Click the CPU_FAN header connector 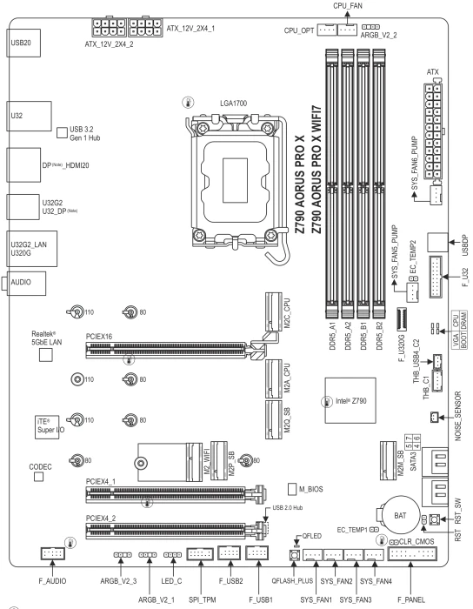[347, 30]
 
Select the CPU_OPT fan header [327, 30]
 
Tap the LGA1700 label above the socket [233, 104]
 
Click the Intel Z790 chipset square [350, 400]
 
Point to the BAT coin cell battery [401, 515]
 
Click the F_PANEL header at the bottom [412, 553]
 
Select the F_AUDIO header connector [52, 553]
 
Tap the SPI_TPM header [200, 553]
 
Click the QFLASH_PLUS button [294, 555]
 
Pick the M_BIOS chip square [292, 489]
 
